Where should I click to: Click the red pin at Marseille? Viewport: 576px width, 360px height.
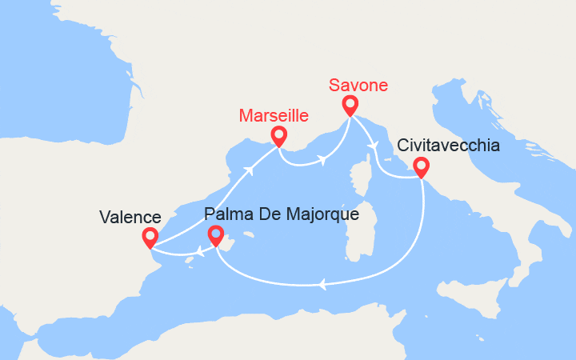278,136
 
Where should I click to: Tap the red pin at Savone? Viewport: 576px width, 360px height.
350,105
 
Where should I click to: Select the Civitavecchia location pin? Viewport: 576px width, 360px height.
420,166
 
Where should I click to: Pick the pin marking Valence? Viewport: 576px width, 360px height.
150,237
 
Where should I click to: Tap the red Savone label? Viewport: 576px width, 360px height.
358,85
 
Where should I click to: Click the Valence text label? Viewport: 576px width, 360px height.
130,217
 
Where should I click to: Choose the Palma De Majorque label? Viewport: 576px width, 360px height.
281,214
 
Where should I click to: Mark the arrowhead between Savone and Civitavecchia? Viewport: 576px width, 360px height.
374,144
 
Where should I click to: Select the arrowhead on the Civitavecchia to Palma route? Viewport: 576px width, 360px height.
322,283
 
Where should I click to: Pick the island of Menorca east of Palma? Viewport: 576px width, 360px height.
249,235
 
